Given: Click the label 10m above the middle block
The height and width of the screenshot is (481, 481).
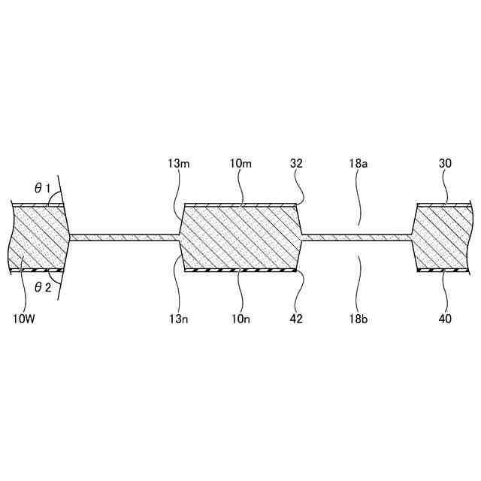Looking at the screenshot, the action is point(240,163).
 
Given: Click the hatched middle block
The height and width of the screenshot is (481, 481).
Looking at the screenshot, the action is point(240,237).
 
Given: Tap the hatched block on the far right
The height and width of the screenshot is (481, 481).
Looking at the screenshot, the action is point(443,237).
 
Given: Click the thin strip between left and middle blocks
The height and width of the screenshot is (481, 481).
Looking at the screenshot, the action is point(125,237).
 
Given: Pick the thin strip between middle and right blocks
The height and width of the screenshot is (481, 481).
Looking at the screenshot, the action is point(357,237).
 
